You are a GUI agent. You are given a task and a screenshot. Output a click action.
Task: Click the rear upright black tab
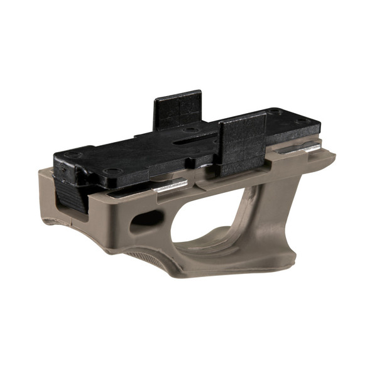(177, 110)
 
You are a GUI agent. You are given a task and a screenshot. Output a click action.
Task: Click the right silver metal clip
(300, 148)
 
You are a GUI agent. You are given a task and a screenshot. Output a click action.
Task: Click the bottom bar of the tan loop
(214, 264)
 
